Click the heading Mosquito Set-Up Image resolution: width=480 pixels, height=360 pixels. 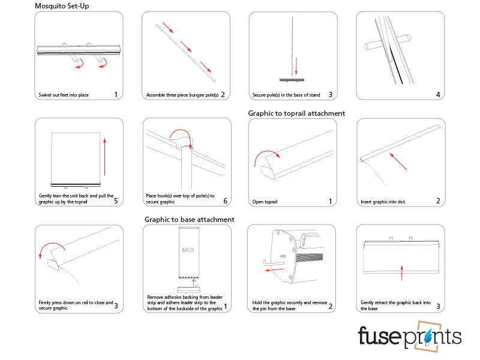63,5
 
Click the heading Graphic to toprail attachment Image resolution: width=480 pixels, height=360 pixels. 296,113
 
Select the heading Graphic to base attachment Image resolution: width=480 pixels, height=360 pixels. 189,220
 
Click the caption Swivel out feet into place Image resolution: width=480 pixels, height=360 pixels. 64,95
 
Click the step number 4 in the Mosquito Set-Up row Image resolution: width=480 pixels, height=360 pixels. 438,94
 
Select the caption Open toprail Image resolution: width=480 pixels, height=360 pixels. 265,202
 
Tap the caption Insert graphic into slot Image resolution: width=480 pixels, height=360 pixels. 383,202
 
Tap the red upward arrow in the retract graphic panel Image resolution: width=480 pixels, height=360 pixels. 401,272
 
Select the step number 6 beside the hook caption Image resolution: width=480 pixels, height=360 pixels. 225,201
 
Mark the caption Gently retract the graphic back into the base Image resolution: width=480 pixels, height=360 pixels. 394,306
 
